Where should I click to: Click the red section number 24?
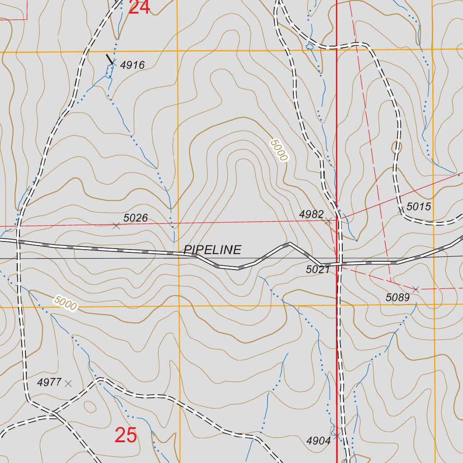pyautogui.click(x=139, y=7)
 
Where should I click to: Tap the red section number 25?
pyautogui.click(x=126, y=435)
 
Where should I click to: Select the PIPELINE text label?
pyautogui.click(x=213, y=250)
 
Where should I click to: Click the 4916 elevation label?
pyautogui.click(x=133, y=65)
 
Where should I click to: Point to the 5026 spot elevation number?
pyautogui.click(x=136, y=218)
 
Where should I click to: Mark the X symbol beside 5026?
pyautogui.click(x=116, y=226)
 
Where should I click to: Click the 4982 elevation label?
pyautogui.click(x=312, y=214)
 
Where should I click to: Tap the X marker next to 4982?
pyautogui.click(x=329, y=221)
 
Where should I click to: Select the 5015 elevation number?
pyautogui.click(x=419, y=207)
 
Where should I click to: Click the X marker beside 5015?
pyautogui.click(x=401, y=210)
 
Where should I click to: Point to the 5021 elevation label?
pyautogui.click(x=318, y=270)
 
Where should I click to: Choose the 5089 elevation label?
pyautogui.click(x=397, y=298)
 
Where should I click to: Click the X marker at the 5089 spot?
pyautogui.click(x=416, y=289)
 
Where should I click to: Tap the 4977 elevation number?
pyautogui.click(x=49, y=383)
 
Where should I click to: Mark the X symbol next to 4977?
pyautogui.click(x=68, y=383)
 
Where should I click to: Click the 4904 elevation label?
pyautogui.click(x=318, y=441)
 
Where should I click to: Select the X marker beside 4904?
pyautogui.click(x=337, y=435)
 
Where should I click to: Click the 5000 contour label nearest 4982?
pyautogui.click(x=279, y=151)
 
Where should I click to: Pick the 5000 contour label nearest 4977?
pyautogui.click(x=66, y=302)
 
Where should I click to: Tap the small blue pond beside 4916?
pyautogui.click(x=109, y=70)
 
